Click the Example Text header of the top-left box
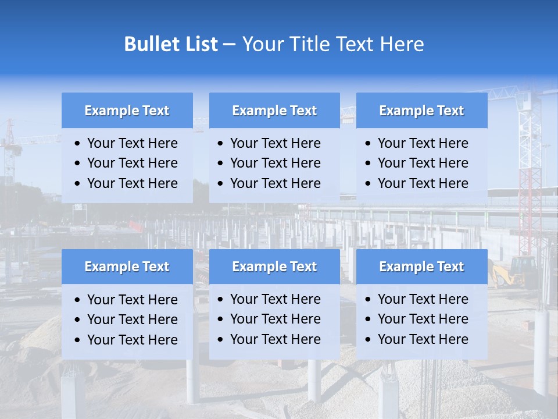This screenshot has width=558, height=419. click(127, 111)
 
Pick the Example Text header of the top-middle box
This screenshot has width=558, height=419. click(274, 111)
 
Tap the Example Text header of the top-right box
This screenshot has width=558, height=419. click(421, 111)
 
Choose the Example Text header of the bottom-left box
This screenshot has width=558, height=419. click(127, 267)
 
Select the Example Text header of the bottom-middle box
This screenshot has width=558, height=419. click(274, 267)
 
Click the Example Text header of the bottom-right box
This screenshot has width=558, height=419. click(421, 267)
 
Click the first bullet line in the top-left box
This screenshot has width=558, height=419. click(132, 143)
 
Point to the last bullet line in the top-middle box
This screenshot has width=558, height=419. click(275, 183)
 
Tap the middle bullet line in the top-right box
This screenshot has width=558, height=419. click(423, 163)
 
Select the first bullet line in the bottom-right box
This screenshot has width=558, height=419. click(423, 299)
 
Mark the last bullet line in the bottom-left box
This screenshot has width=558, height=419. click(132, 340)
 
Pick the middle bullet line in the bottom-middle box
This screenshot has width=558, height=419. click(275, 319)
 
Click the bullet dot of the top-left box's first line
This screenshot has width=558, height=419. click(78, 144)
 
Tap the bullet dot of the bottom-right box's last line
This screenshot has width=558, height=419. click(369, 340)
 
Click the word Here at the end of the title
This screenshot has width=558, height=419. click(402, 44)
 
